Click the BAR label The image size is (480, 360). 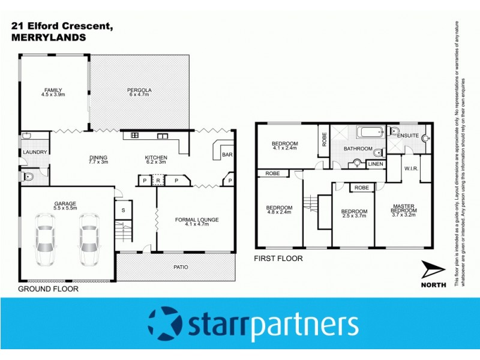click(228, 155)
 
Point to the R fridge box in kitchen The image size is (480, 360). click(157, 179)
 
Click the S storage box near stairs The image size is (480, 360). click(124, 210)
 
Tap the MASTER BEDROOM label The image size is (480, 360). click(403, 208)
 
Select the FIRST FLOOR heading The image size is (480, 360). click(279, 259)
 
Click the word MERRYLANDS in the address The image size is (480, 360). click(49, 37)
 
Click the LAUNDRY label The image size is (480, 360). click(35, 152)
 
